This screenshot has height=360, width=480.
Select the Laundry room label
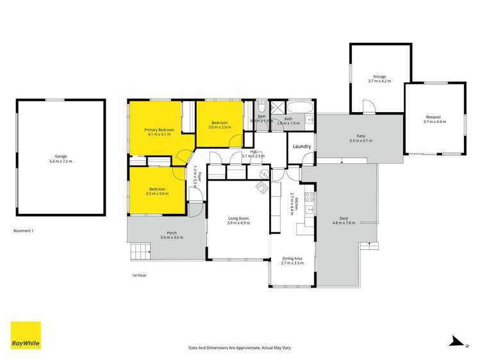pos(302,147)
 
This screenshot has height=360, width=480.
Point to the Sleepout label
pos(434,117)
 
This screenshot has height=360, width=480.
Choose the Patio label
pos(361,136)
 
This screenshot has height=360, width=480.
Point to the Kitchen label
pos(292,203)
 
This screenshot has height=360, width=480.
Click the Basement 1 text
pos(24,230)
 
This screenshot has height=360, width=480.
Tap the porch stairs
pos(139,250)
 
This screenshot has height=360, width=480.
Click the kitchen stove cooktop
pos(308,198)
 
